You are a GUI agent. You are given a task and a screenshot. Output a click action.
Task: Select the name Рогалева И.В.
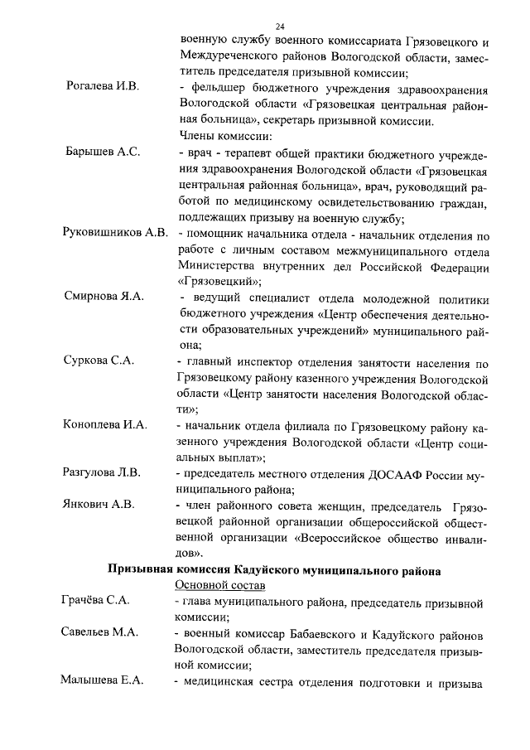point(102,86)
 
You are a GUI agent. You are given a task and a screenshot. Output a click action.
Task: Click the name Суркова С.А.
point(99,361)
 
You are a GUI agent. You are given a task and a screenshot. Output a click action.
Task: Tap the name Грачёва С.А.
point(95,601)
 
